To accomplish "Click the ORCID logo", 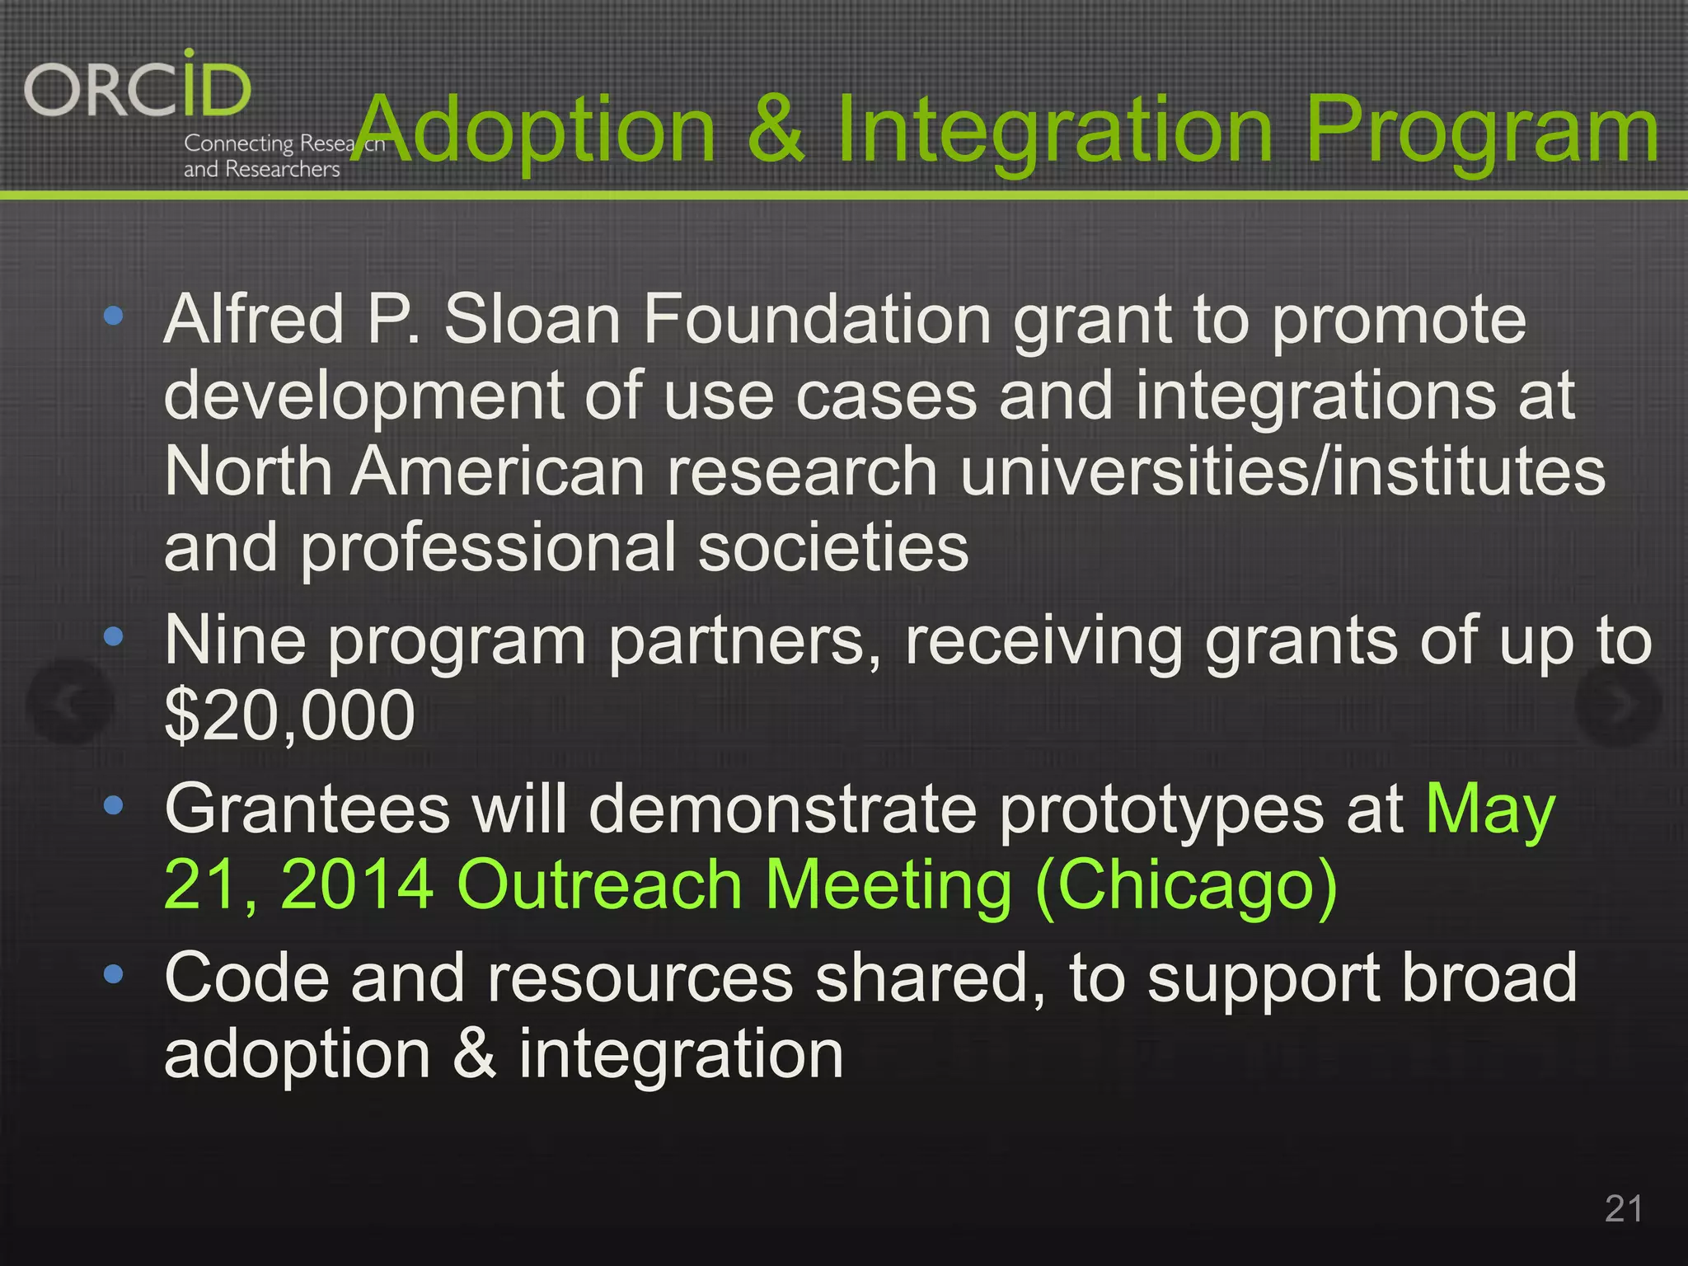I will click(x=138, y=87).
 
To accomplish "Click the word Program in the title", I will click(x=1481, y=132).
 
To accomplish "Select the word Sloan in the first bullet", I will click(x=532, y=320).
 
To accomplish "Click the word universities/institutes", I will click(x=1282, y=471).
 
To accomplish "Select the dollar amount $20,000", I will click(x=289, y=715).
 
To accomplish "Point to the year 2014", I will click(x=357, y=885).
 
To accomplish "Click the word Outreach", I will click(x=599, y=885).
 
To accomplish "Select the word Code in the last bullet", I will click(x=246, y=978).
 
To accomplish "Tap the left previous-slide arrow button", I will click(x=69, y=702).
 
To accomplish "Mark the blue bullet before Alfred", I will click(x=114, y=315).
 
